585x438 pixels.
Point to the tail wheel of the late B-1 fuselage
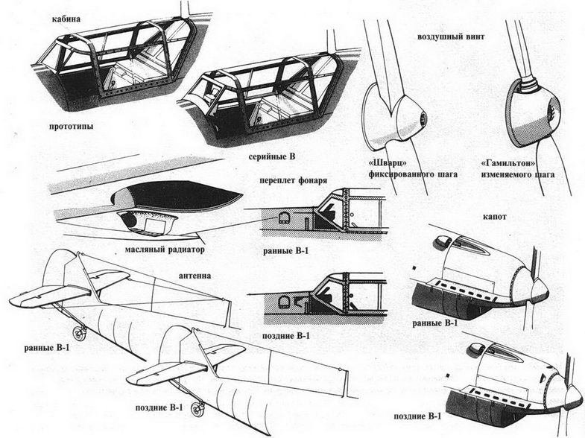pyautogui.click(x=198, y=407)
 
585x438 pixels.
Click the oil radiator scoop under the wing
pyautogui.click(x=146, y=221)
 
